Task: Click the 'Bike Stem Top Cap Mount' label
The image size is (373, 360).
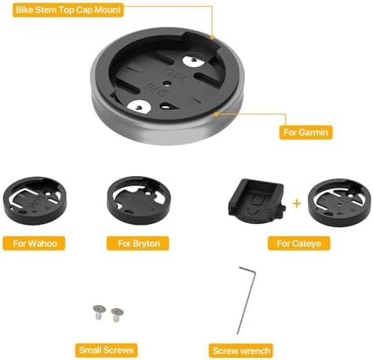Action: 68,10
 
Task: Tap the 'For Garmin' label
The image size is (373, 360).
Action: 305,132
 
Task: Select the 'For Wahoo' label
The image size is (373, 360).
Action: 34,244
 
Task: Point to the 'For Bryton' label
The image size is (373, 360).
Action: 138,244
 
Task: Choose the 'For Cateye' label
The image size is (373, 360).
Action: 298,244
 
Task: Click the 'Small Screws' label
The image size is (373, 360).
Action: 106,350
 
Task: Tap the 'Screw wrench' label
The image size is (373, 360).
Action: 241,351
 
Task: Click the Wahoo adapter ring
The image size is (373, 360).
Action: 35,200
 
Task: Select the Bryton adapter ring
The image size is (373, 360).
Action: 139,200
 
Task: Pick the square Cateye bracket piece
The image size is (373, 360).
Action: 257,201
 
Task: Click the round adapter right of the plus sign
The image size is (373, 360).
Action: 339,203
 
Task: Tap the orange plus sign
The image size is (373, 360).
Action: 297,203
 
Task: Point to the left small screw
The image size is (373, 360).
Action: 99,312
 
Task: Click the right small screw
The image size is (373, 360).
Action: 117,314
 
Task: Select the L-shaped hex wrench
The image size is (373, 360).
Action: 247,300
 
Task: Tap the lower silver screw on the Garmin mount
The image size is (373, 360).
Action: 139,107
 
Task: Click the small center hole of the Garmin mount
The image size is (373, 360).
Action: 167,84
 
